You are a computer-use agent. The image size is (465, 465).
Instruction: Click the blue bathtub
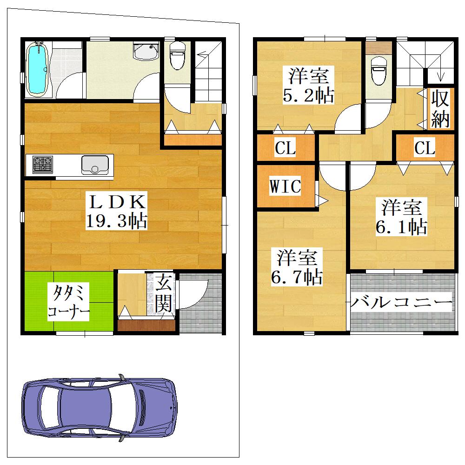pyautogui.click(x=37, y=69)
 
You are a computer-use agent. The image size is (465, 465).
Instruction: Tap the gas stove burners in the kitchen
pyautogui.click(x=43, y=165)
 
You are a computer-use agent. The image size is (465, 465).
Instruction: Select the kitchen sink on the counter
pyautogui.click(x=95, y=165)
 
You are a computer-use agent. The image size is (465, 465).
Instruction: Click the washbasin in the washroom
pyautogui.click(x=146, y=51)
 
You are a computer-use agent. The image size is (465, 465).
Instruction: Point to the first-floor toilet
pyautogui.click(x=177, y=55)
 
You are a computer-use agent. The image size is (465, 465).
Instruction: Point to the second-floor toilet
pyautogui.click(x=379, y=70)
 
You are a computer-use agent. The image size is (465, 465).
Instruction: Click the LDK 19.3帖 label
pyautogui.click(x=117, y=211)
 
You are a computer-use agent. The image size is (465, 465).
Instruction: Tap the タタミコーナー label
pyautogui.click(x=68, y=302)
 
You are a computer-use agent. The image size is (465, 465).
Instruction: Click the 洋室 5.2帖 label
pyautogui.click(x=308, y=85)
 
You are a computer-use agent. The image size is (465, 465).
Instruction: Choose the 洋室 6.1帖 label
pyautogui.click(x=401, y=217)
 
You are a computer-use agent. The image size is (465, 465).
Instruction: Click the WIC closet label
pyautogui.click(x=285, y=186)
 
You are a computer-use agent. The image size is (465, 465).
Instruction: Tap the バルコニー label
pyautogui.click(x=402, y=302)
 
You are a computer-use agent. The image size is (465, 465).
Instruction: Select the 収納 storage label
pyautogui.click(x=440, y=108)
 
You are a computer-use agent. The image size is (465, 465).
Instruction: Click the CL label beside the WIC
pyautogui.click(x=286, y=148)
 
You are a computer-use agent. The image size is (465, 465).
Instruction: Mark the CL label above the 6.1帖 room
pyautogui.click(x=425, y=148)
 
